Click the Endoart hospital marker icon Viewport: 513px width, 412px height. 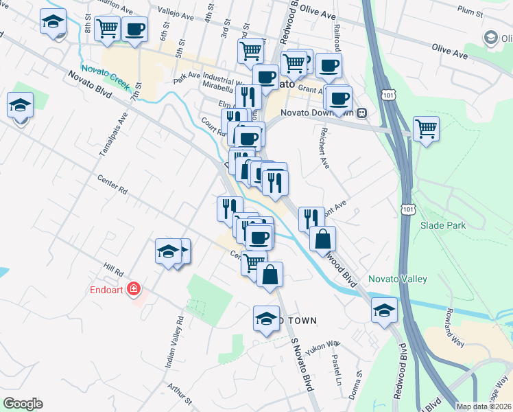[135, 289]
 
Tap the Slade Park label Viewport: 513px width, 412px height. [443, 225]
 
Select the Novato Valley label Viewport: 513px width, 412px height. [398, 279]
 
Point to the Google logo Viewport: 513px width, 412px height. [22, 403]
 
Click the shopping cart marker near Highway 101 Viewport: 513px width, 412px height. [426, 128]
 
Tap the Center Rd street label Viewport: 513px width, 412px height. [112, 185]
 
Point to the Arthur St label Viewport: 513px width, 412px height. [179, 392]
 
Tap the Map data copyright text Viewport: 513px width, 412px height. [484, 407]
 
